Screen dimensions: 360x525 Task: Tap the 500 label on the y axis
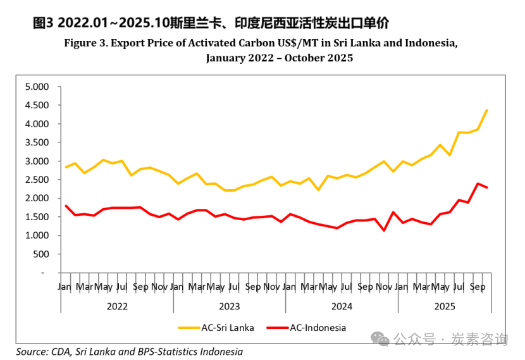[40, 254]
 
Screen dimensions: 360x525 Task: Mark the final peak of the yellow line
[486, 110]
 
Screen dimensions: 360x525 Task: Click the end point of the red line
[486, 187]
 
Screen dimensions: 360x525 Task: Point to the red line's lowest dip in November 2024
[383, 230]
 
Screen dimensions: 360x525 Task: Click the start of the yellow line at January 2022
[65, 167]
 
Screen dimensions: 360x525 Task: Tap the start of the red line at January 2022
[65, 206]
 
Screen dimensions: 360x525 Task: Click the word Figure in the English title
[81, 43]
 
